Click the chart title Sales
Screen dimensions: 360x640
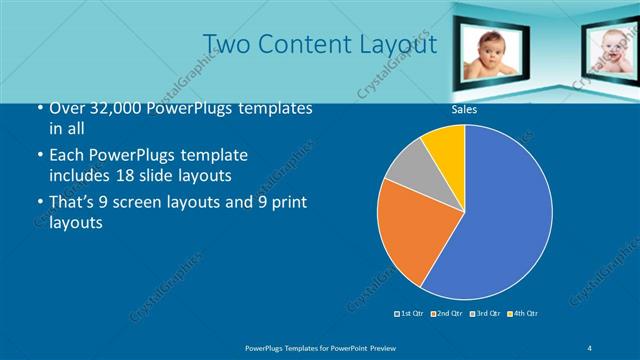tap(463, 110)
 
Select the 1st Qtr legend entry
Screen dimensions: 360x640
tap(409, 314)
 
